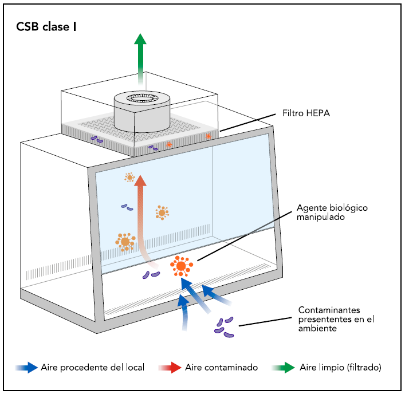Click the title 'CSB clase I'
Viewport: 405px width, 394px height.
pos(46,27)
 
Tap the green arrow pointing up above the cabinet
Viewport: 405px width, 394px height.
pos(140,59)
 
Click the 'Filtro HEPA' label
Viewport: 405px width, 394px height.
pos(306,113)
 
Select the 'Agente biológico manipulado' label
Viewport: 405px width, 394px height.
pos(332,212)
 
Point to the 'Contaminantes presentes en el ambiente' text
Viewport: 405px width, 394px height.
pos(336,319)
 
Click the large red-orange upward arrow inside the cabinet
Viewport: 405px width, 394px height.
pos(141,219)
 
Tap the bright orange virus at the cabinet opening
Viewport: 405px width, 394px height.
pos(182,266)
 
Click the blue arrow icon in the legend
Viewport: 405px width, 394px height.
pos(26,368)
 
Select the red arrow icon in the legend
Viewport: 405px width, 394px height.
pos(170,368)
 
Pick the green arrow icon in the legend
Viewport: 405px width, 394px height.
pos(284,368)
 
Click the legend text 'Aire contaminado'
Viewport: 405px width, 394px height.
pos(221,368)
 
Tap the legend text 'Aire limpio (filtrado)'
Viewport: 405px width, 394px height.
pos(340,368)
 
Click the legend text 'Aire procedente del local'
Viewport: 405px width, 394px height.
pos(92,368)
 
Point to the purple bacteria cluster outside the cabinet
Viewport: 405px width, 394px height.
pos(224,328)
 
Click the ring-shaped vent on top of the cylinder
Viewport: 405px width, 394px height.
pos(142,98)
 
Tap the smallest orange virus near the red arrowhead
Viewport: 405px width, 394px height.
pos(129,178)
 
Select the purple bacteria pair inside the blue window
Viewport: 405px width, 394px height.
pos(127,207)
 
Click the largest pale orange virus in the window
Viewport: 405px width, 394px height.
pos(125,242)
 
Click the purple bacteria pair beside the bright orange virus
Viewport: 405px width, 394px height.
pos(151,275)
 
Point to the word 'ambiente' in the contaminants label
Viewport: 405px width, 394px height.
pos(317,328)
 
